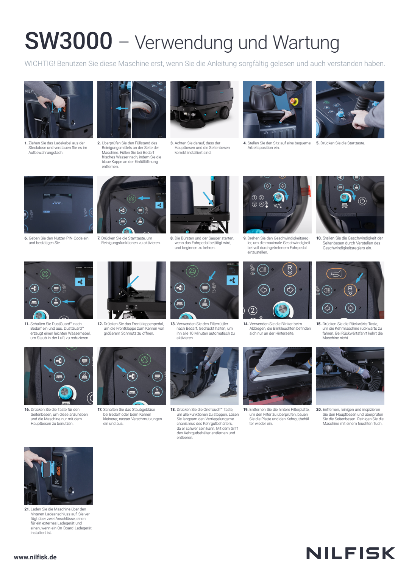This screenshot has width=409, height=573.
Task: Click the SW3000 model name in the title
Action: point(69,41)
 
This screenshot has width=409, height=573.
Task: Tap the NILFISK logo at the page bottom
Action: point(350,553)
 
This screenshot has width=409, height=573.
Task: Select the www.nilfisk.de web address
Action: point(35,557)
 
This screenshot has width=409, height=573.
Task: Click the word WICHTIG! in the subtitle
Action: point(40,63)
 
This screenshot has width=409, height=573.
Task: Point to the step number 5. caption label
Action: point(318,143)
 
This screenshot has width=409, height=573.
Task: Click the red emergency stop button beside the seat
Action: point(294,101)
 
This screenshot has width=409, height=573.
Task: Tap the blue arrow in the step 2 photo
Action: point(122,108)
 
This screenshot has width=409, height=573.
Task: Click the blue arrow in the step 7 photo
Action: point(144,198)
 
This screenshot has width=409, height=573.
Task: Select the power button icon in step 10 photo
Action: point(362,201)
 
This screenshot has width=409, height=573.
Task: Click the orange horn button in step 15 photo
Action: point(336,274)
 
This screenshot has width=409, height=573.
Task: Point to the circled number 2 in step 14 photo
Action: point(253,310)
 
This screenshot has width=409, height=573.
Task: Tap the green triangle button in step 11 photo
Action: point(45,274)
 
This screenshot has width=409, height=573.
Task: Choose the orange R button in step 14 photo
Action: point(290,269)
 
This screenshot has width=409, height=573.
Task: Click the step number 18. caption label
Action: point(173,409)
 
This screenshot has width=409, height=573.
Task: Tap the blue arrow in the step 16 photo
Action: point(48,369)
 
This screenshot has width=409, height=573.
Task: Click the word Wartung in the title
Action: point(306,42)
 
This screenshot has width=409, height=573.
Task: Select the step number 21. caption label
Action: point(27,509)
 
